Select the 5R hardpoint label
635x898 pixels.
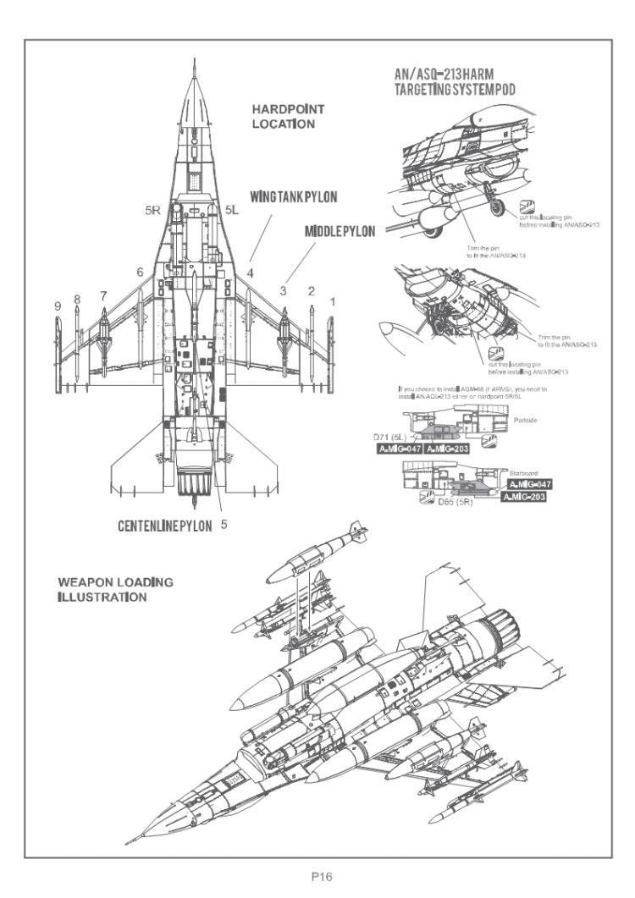click(153, 207)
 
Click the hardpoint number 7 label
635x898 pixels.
click(103, 295)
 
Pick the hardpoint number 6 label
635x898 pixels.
click(139, 272)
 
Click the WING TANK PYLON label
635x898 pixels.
click(293, 196)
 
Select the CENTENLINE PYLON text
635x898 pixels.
click(165, 526)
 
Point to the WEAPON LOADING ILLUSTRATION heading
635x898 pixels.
click(115, 590)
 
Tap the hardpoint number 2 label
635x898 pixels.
click(311, 290)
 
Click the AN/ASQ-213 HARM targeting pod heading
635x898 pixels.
click(456, 83)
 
